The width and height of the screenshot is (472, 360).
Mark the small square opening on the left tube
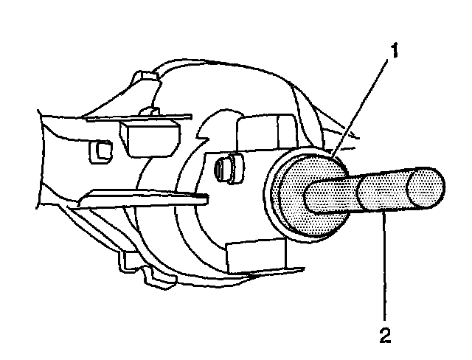(95, 151)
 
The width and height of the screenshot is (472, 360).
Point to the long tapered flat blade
(140, 198)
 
